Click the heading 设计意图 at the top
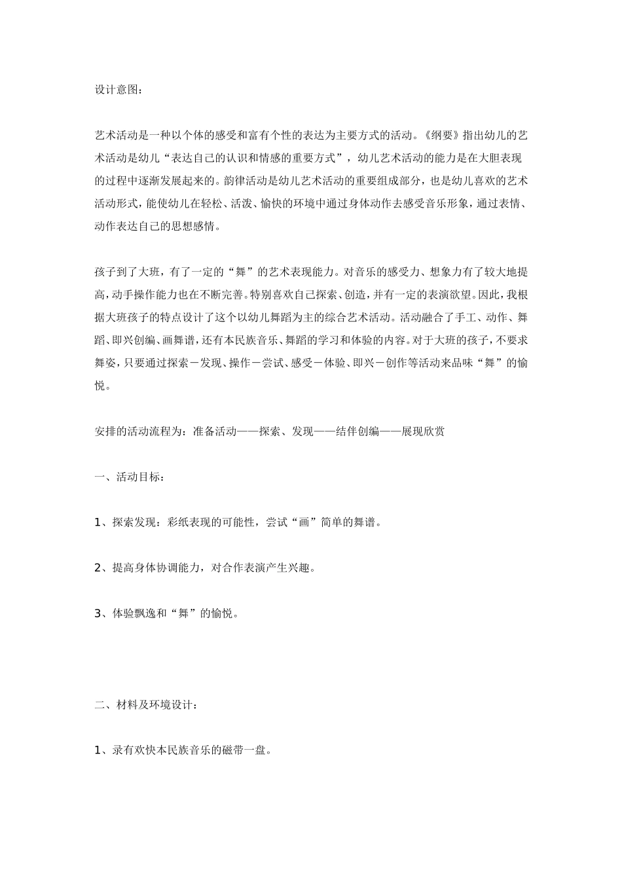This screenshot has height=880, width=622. coord(117,90)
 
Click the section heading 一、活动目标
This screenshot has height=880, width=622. coord(129,477)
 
